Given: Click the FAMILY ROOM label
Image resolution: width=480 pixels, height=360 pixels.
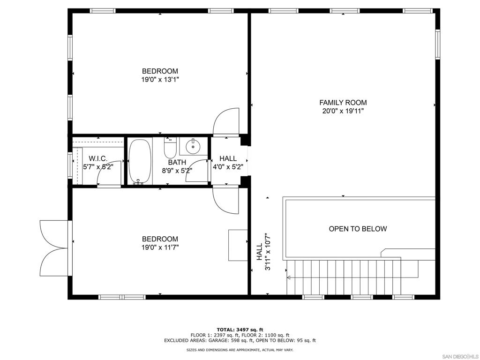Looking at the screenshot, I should (x=343, y=103).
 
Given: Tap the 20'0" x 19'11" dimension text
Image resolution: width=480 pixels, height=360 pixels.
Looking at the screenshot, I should (x=343, y=111).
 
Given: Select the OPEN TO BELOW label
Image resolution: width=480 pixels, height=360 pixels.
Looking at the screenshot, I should (x=358, y=229).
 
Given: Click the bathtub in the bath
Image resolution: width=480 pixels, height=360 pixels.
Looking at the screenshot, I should (x=139, y=161).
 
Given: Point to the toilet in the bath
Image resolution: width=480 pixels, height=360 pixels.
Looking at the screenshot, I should (x=170, y=148).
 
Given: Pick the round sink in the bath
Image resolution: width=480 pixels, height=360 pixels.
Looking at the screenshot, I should (x=193, y=147).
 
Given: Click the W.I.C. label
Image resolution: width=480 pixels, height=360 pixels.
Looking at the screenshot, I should (x=98, y=158).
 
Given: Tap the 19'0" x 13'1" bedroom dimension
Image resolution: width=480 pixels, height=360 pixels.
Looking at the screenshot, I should (x=160, y=80).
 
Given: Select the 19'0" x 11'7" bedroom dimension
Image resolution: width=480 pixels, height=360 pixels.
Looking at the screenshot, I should (x=160, y=247).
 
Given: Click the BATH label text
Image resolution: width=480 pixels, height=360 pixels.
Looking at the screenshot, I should (x=177, y=162).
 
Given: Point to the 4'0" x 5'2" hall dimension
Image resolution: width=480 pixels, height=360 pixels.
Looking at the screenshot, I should (x=228, y=167).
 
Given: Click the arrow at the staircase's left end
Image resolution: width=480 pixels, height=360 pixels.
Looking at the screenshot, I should (x=289, y=277).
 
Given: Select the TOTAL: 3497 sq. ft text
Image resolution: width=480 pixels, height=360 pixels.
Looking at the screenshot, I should (x=240, y=330).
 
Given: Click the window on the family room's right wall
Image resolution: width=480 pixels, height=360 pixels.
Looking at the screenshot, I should (x=437, y=45).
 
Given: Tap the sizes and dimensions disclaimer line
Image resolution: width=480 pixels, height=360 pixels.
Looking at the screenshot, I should (x=240, y=350).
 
